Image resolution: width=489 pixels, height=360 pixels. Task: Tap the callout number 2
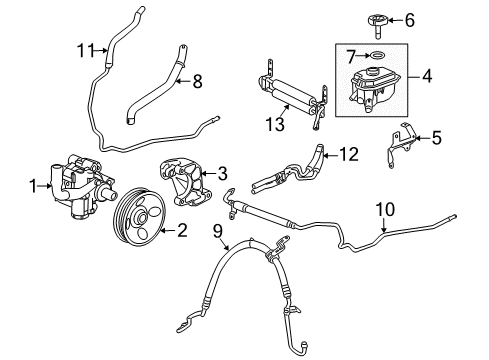(x=182, y=231)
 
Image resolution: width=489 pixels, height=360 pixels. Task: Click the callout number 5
(x=436, y=140)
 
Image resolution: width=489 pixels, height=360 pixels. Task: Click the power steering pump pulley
(x=141, y=214)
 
